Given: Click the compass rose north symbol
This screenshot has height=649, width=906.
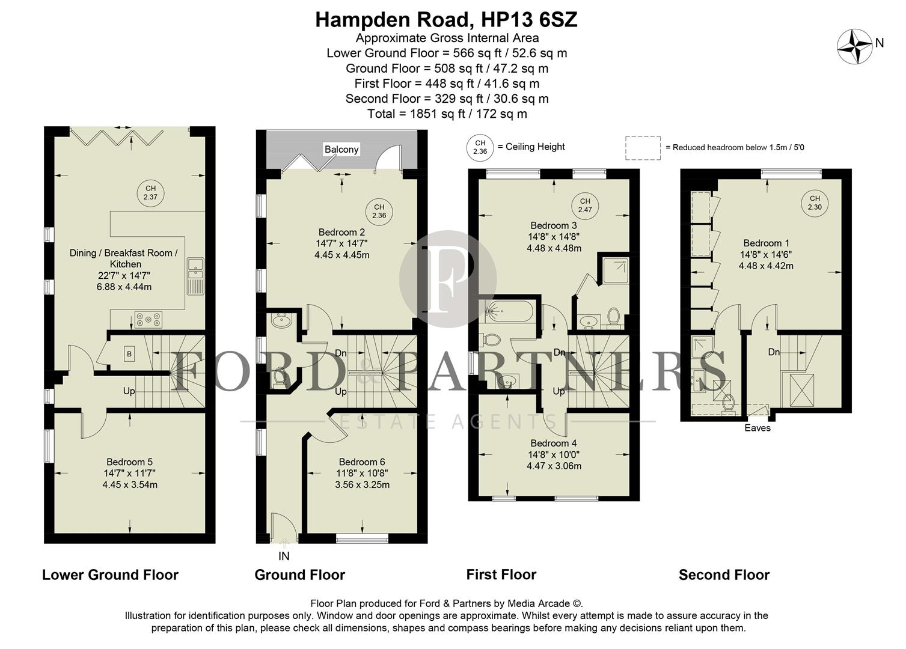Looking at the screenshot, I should [855, 46].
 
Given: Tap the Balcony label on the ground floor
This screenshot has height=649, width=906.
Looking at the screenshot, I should [341, 149].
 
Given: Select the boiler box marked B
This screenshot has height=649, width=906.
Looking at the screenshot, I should [129, 355].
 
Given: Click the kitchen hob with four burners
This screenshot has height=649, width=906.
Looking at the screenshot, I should [148, 319].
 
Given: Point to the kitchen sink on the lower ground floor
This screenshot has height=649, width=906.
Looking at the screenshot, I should [195, 276].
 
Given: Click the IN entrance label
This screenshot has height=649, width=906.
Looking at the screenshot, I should [284, 556].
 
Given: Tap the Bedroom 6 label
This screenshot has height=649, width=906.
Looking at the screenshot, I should [362, 462].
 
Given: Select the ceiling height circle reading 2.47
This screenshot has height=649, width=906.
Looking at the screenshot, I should [585, 206].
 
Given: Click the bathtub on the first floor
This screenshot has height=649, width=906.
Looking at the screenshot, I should [507, 312].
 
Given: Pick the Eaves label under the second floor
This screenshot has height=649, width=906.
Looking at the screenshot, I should [757, 428].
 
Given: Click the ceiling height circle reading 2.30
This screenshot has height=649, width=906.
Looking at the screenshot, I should [815, 203].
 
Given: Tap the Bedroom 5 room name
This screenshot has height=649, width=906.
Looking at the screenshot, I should [129, 462].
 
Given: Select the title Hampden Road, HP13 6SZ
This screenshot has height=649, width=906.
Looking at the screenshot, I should [446, 20].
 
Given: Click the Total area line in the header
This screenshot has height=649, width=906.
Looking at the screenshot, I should [447, 114].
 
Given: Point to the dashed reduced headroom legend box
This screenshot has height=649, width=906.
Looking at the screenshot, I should [643, 148].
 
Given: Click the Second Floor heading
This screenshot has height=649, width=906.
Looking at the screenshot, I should [724, 575].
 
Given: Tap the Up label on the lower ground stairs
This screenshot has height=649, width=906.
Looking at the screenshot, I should [129, 391].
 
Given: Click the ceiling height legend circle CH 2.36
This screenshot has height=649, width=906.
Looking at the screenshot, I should [480, 147].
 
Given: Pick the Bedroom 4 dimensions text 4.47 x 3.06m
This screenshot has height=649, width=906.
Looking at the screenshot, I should [554, 466].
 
